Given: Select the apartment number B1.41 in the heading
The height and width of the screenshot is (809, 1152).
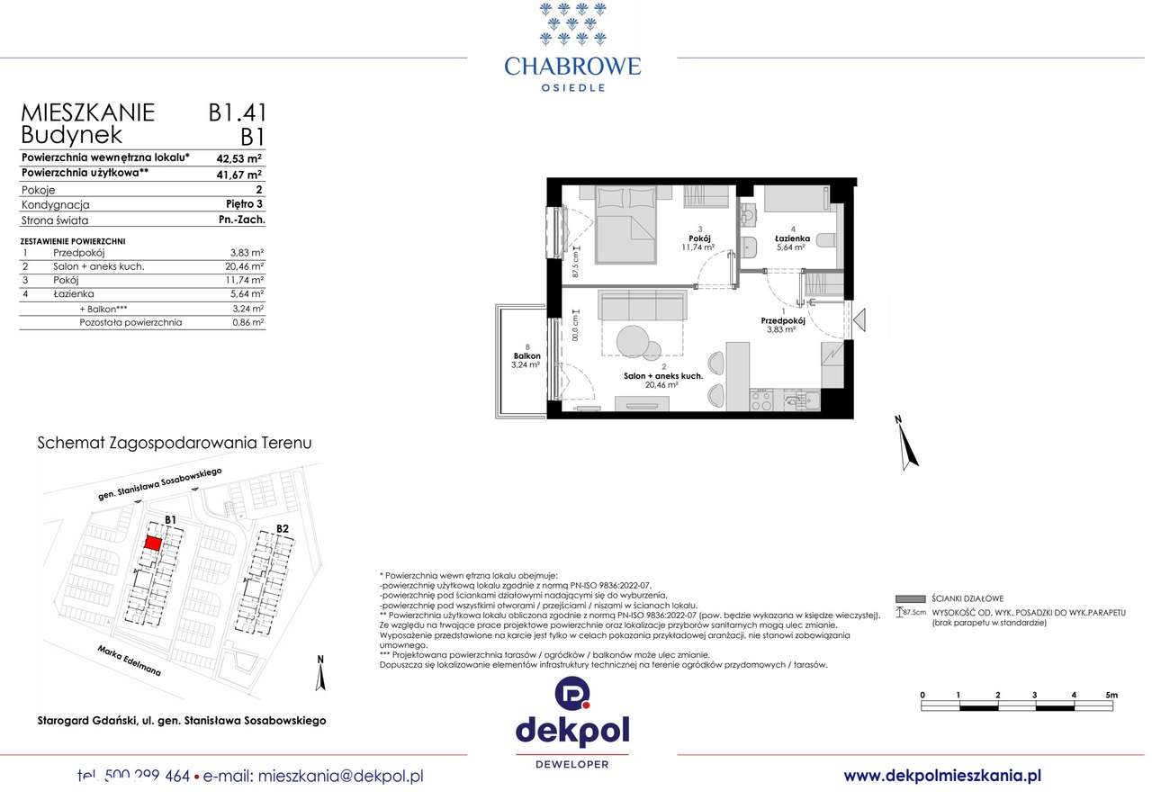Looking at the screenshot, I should click(x=237, y=113).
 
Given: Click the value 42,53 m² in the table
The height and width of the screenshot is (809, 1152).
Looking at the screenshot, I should click(x=238, y=157).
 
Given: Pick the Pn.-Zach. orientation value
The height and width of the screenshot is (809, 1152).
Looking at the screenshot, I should click(x=241, y=220).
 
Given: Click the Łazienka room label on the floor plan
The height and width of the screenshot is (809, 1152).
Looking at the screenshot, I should click(x=792, y=239).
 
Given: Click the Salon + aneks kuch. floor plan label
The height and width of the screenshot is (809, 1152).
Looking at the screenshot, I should click(x=663, y=377).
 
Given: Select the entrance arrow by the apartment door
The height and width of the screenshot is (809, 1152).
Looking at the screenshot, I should click(x=859, y=319).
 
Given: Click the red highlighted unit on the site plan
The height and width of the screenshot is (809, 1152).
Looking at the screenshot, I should click(x=154, y=544).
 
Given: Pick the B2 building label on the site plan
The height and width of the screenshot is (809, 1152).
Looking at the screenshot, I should click(x=283, y=528).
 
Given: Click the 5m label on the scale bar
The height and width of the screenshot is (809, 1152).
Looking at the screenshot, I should click(x=1111, y=695).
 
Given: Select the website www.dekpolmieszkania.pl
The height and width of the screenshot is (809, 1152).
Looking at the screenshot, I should click(x=942, y=776).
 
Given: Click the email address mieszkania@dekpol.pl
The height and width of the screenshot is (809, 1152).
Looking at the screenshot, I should click(x=340, y=776).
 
